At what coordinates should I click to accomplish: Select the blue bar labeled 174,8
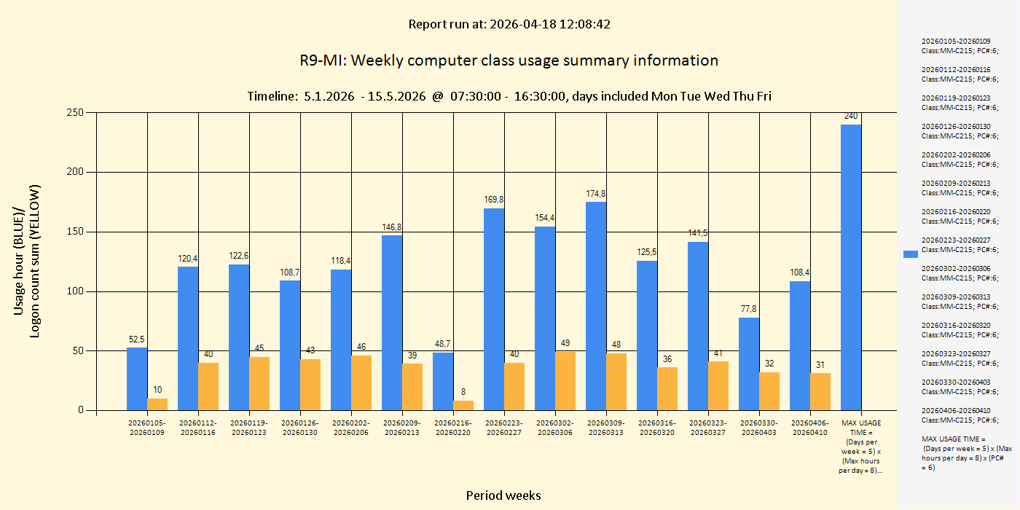click(x=596, y=306)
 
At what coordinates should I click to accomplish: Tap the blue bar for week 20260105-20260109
click(x=137, y=379)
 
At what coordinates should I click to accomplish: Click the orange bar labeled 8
click(x=463, y=405)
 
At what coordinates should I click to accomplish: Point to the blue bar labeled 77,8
click(x=749, y=364)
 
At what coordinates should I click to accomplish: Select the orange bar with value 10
click(x=157, y=404)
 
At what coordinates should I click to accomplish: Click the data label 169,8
click(x=494, y=199)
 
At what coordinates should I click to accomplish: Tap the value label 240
click(x=851, y=116)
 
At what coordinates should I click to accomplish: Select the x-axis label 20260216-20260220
click(x=453, y=428)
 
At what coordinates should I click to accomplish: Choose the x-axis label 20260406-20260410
click(x=810, y=428)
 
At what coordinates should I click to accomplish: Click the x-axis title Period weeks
click(x=503, y=495)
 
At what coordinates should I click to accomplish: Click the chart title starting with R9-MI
click(x=509, y=60)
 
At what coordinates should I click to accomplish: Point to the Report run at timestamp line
click(x=509, y=24)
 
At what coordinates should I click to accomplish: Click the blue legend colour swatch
click(x=910, y=254)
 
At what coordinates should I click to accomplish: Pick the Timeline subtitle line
click(x=509, y=96)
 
